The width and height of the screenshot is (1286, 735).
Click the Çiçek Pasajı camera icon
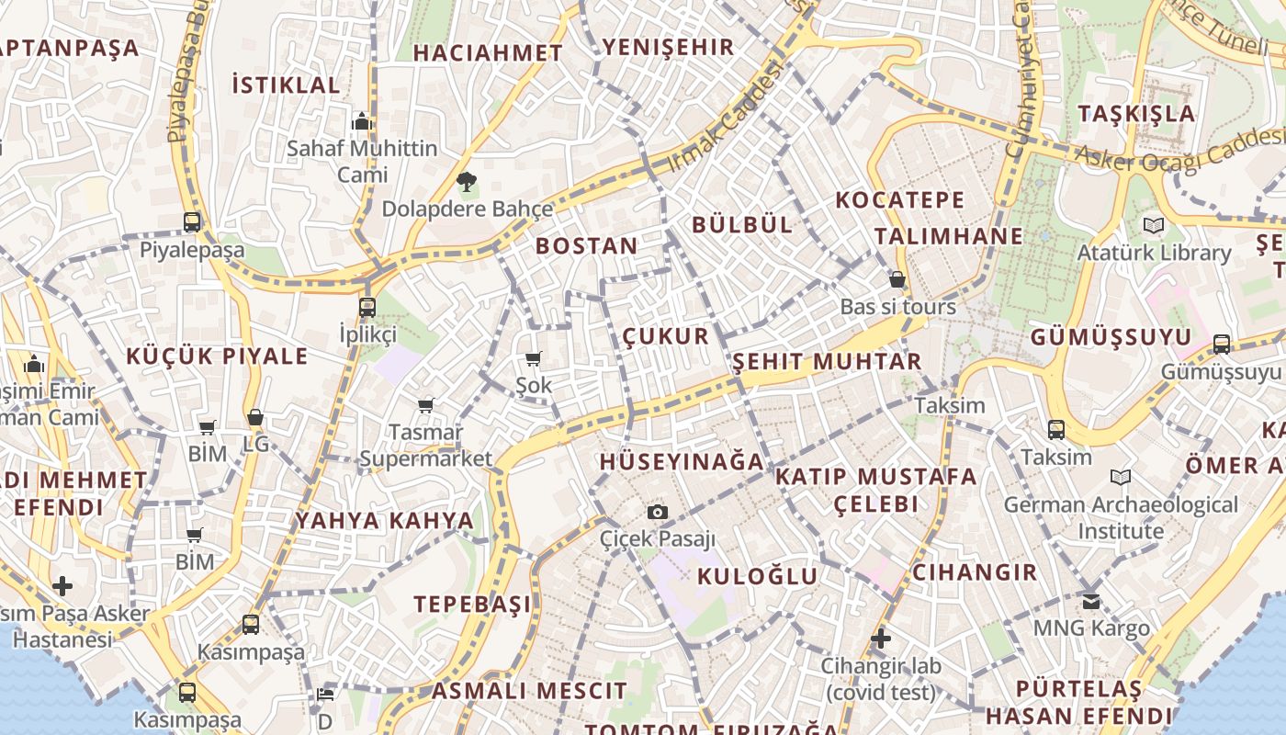(x=658, y=513)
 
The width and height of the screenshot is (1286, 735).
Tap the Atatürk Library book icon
(x=1154, y=225)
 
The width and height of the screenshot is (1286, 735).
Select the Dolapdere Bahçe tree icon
(x=467, y=181)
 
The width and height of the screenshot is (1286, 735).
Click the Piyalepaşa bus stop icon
(x=192, y=221)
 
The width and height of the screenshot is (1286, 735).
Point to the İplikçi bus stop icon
(x=367, y=307)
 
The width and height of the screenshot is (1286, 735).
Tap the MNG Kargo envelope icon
(x=1091, y=602)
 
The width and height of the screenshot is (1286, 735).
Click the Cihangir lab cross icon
(x=881, y=638)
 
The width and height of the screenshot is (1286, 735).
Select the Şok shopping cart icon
(x=534, y=358)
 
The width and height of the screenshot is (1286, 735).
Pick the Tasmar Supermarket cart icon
(x=425, y=405)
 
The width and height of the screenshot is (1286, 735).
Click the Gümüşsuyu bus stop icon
(x=1221, y=345)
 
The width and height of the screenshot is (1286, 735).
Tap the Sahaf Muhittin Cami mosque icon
(x=362, y=121)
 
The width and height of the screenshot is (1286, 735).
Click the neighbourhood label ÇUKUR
(x=666, y=336)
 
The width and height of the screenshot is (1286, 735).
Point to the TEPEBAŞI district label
(x=472, y=605)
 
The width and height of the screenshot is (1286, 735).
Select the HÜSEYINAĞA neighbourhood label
(x=682, y=462)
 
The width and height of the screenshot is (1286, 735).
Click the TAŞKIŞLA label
(x=1136, y=114)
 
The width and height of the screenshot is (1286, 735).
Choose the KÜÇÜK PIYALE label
(x=217, y=356)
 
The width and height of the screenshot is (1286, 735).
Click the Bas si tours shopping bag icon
(x=897, y=279)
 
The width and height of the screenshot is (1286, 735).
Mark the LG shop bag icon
(x=255, y=417)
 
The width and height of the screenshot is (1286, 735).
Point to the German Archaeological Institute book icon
(x=1120, y=477)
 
